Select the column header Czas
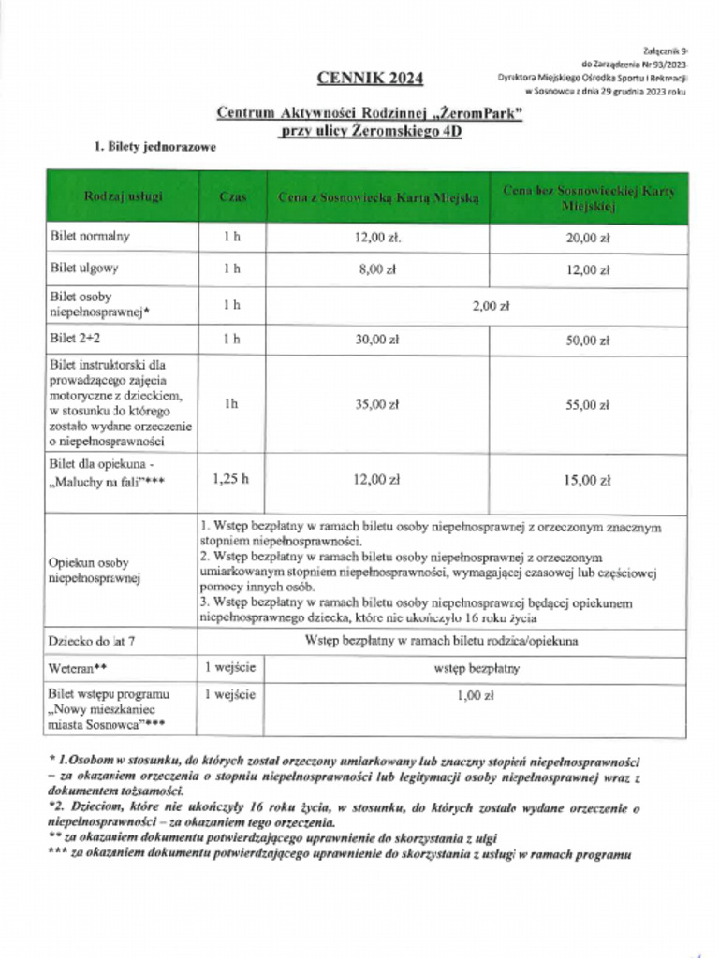pyautogui.click(x=232, y=197)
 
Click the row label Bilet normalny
pyautogui.click(x=90, y=237)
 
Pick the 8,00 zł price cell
pyautogui.click(x=377, y=269)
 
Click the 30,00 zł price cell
pyautogui.click(x=377, y=341)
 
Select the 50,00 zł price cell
pyautogui.click(x=588, y=341)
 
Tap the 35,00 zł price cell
pyautogui.click(x=377, y=405)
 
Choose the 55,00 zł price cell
pyautogui.click(x=588, y=405)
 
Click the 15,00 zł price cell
pyautogui.click(x=588, y=480)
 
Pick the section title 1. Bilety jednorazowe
pyautogui.click(x=154, y=147)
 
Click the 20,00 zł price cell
pyautogui.click(x=588, y=238)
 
